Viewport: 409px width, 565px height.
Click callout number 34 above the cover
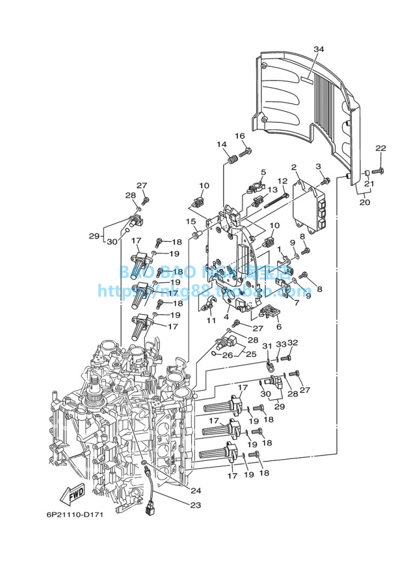(319, 49)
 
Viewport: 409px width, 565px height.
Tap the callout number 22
(380, 149)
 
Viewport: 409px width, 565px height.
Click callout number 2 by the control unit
(294, 167)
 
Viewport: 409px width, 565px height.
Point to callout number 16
(240, 136)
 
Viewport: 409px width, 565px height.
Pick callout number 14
(222, 144)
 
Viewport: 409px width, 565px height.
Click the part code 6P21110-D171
(75, 515)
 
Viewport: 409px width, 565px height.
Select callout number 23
(195, 505)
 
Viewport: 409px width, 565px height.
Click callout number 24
(195, 490)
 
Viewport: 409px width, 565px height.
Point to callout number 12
(283, 181)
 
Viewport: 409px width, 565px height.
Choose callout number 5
(263, 173)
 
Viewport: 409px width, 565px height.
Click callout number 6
(278, 327)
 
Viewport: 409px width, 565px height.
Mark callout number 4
(226, 317)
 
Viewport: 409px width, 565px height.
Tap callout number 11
(211, 321)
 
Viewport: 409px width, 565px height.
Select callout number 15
(191, 221)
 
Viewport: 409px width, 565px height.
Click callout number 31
(267, 346)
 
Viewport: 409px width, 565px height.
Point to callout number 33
(281, 344)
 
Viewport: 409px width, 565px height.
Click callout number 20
(364, 202)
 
